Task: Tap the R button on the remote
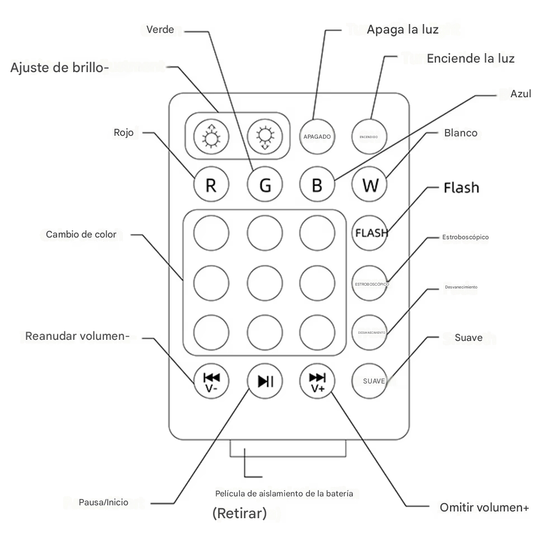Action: [211, 185]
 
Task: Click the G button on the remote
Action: [265, 185]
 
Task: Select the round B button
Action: [317, 185]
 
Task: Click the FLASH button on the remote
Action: [369, 233]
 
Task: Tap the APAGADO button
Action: [317, 136]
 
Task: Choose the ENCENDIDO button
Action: [369, 136]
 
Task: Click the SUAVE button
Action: [369, 381]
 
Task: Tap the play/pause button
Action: [265, 381]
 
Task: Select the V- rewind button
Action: [211, 381]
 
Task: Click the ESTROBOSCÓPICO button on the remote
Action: [369, 284]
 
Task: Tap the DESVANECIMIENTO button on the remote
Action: [369, 333]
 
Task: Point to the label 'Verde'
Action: [160, 30]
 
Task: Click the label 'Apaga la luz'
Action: [402, 30]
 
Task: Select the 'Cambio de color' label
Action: [81, 234]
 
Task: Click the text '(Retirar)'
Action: [239, 513]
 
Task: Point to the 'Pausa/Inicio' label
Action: [103, 502]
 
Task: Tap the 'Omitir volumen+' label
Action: [484, 508]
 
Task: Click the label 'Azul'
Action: [521, 94]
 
